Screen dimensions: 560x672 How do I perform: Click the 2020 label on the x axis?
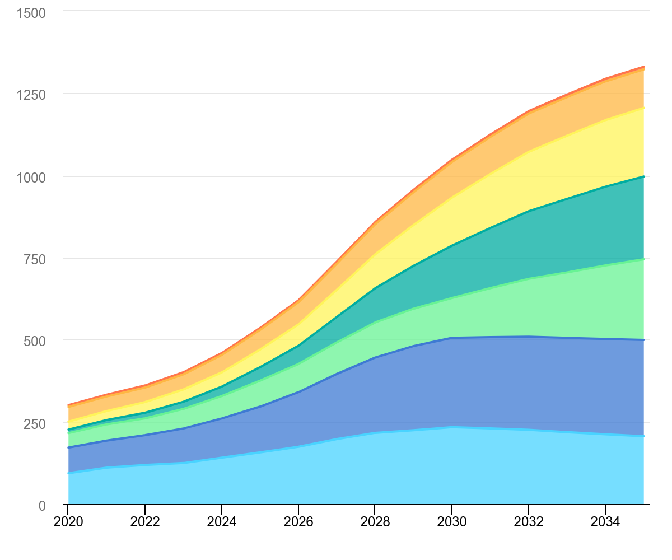pos(68,522)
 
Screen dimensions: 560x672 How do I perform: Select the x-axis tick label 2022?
pos(144,522)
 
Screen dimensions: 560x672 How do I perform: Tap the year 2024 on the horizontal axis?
pos(221,522)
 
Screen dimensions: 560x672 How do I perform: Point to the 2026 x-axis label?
pos(298,522)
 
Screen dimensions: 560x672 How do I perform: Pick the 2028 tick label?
pos(375,522)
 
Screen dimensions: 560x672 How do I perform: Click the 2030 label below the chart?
pos(451,522)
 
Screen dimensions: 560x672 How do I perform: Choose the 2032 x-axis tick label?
pos(528,522)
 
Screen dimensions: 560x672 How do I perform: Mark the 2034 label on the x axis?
pos(605,522)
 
